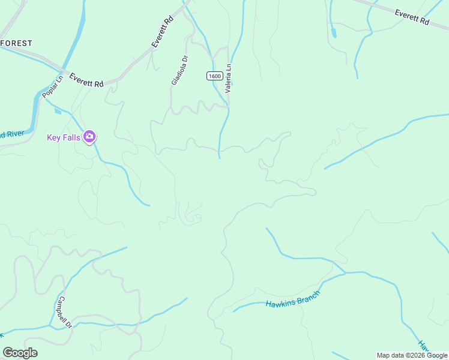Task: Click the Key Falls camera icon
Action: click(90, 137)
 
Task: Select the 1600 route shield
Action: click(214, 76)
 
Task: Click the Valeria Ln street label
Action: click(228, 77)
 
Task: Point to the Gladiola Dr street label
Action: click(179, 70)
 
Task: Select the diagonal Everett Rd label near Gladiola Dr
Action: click(162, 32)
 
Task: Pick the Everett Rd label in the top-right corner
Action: click(412, 17)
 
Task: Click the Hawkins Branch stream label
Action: click(293, 298)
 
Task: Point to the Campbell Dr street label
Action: click(65, 311)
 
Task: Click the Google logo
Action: click(20, 353)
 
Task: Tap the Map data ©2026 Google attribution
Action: click(412, 355)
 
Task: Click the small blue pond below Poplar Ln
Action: click(58, 111)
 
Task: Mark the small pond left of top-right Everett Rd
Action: click(333, 34)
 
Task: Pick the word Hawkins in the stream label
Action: click(279, 302)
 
